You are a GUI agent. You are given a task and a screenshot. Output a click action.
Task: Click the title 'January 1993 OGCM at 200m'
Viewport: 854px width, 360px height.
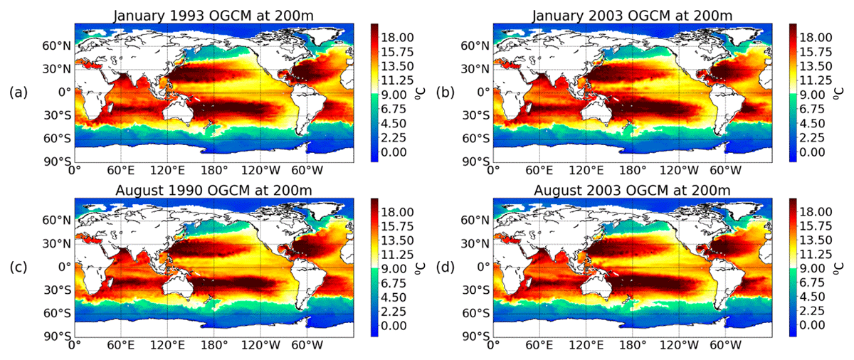pyautogui.click(x=213, y=16)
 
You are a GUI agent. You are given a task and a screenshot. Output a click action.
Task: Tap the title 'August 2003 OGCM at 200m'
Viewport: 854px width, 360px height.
pyautogui.click(x=632, y=190)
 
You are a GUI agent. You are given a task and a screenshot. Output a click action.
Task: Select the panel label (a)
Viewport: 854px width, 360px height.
pyautogui.click(x=19, y=92)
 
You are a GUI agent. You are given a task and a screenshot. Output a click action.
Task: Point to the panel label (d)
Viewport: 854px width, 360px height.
pyautogui.click(x=446, y=267)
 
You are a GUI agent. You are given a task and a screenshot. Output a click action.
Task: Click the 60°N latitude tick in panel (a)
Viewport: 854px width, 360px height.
pyautogui.click(x=56, y=46)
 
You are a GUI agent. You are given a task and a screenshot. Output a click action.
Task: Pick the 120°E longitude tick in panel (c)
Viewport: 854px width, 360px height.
pyautogui.click(x=167, y=345)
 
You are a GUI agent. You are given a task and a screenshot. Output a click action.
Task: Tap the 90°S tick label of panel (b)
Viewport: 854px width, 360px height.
pyautogui.click(x=475, y=162)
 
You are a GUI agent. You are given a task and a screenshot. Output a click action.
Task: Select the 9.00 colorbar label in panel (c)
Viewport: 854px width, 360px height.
pyautogui.click(x=394, y=269)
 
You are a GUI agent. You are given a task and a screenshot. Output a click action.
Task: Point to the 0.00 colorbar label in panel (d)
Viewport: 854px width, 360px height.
pyautogui.click(x=813, y=325)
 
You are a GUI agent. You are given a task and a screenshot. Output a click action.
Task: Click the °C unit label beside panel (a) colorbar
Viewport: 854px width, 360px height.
pyautogui.click(x=419, y=93)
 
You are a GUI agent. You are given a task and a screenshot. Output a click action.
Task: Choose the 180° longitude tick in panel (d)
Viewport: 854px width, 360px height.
pyautogui.click(x=632, y=345)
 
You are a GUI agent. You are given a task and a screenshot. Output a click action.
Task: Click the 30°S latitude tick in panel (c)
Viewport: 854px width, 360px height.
pyautogui.click(x=57, y=290)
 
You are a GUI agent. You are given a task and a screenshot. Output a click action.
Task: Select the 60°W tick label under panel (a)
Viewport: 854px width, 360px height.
pyautogui.click(x=307, y=170)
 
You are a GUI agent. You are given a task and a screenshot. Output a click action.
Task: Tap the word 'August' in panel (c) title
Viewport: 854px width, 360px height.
pyautogui.click(x=140, y=190)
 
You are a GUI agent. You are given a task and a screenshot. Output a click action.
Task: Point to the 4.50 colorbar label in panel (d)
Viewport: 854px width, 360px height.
pyautogui.click(x=813, y=297)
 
